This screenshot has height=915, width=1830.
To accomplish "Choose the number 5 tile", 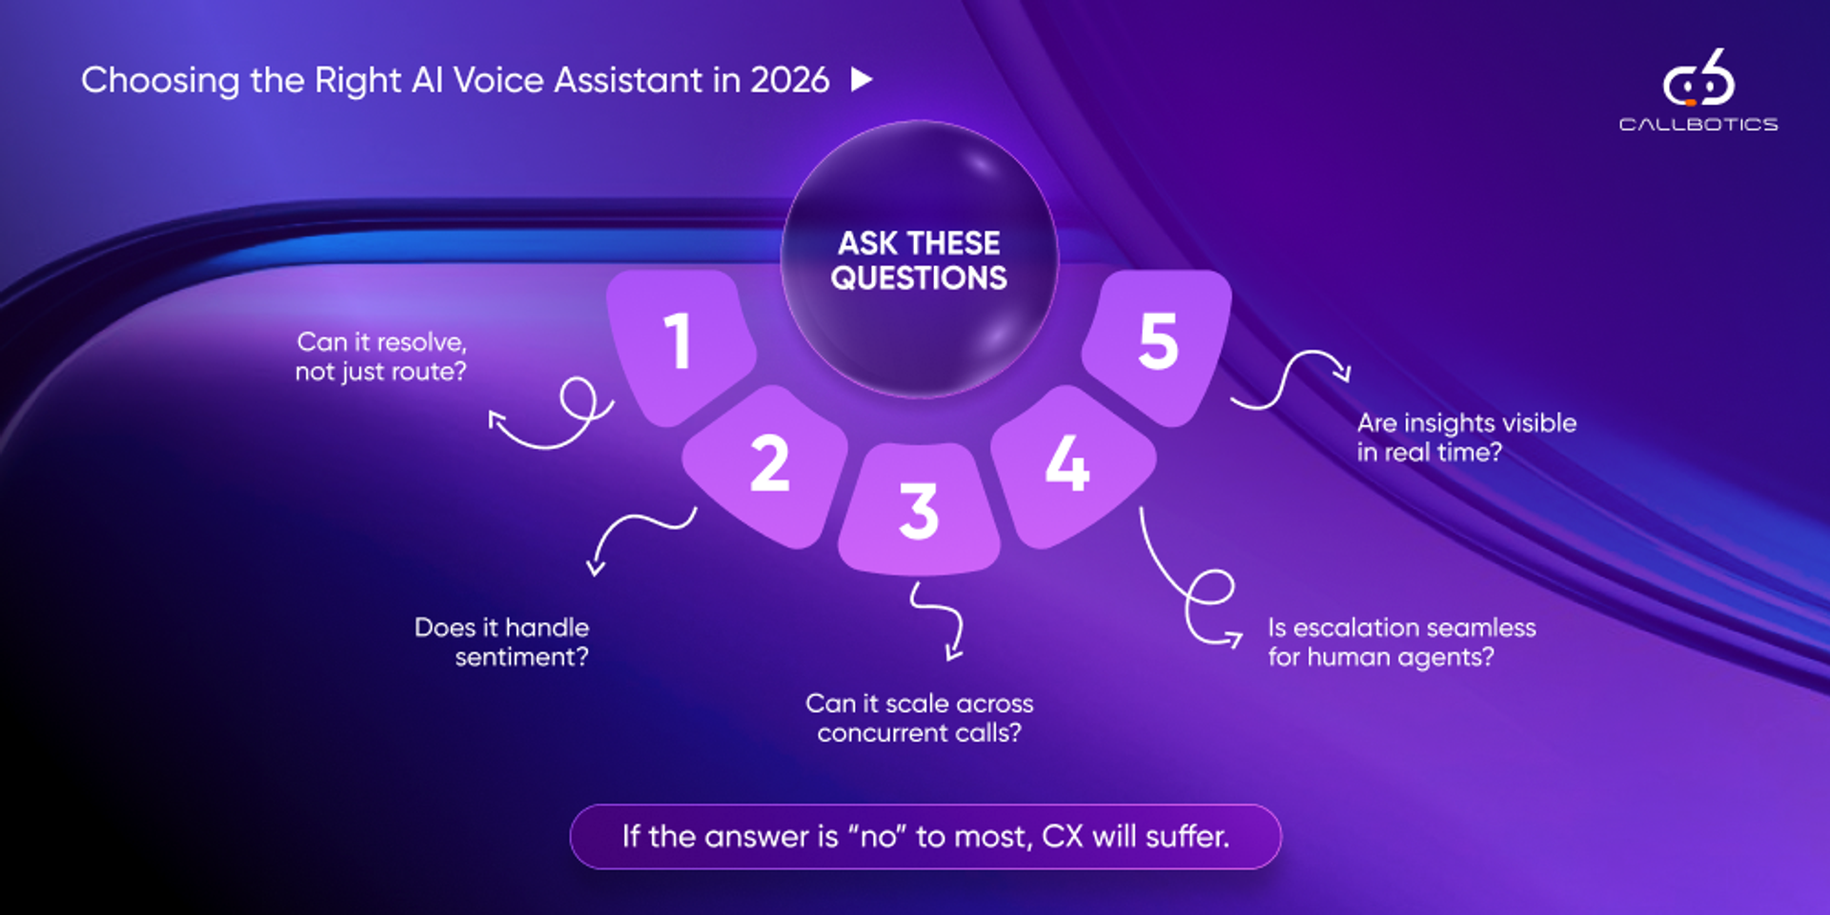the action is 1157,346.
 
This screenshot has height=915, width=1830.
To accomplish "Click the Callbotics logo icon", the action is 1699,78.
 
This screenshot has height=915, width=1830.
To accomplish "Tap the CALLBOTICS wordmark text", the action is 1698,124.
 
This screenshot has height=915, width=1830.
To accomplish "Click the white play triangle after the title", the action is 862,79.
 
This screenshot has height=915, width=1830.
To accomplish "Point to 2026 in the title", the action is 790,80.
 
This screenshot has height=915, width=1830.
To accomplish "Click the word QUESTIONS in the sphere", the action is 919,277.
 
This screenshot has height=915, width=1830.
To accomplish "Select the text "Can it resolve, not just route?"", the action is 381,356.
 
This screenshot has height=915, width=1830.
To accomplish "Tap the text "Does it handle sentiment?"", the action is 501,641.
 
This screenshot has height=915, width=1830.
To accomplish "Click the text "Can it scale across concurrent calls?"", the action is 920,718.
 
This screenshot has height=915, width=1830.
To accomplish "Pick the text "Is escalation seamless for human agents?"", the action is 1402,641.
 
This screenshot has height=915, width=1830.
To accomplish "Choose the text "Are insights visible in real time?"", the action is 1467,437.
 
